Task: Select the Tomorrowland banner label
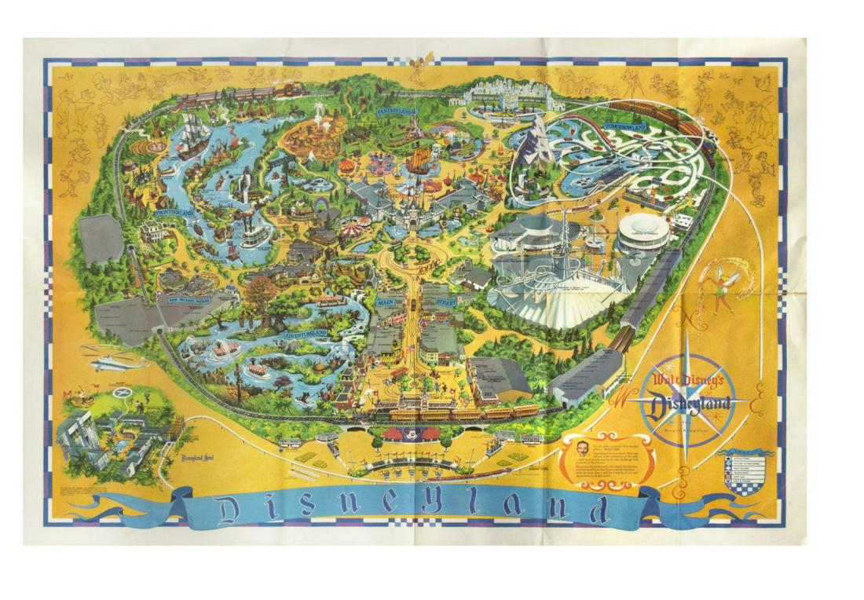[x=625, y=126]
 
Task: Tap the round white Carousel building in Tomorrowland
[x=643, y=232]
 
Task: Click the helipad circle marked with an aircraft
[x=120, y=392]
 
